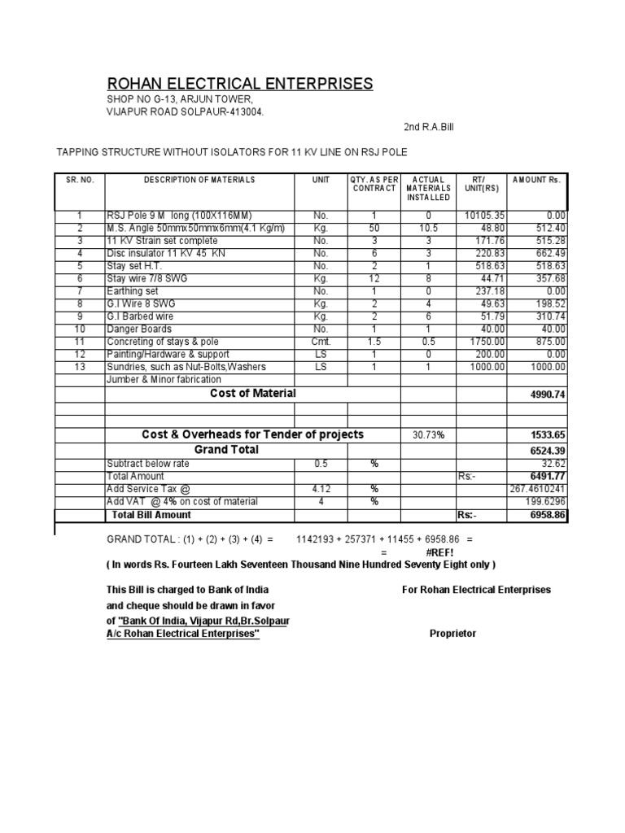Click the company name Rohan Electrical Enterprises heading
point(240,84)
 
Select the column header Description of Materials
point(199,180)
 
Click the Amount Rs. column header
point(537,180)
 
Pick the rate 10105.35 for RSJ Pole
point(483,216)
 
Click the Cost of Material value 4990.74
point(547,395)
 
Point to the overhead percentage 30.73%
point(428,435)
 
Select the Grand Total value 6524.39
point(547,451)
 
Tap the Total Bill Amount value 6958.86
point(547,516)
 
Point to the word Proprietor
point(453,634)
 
